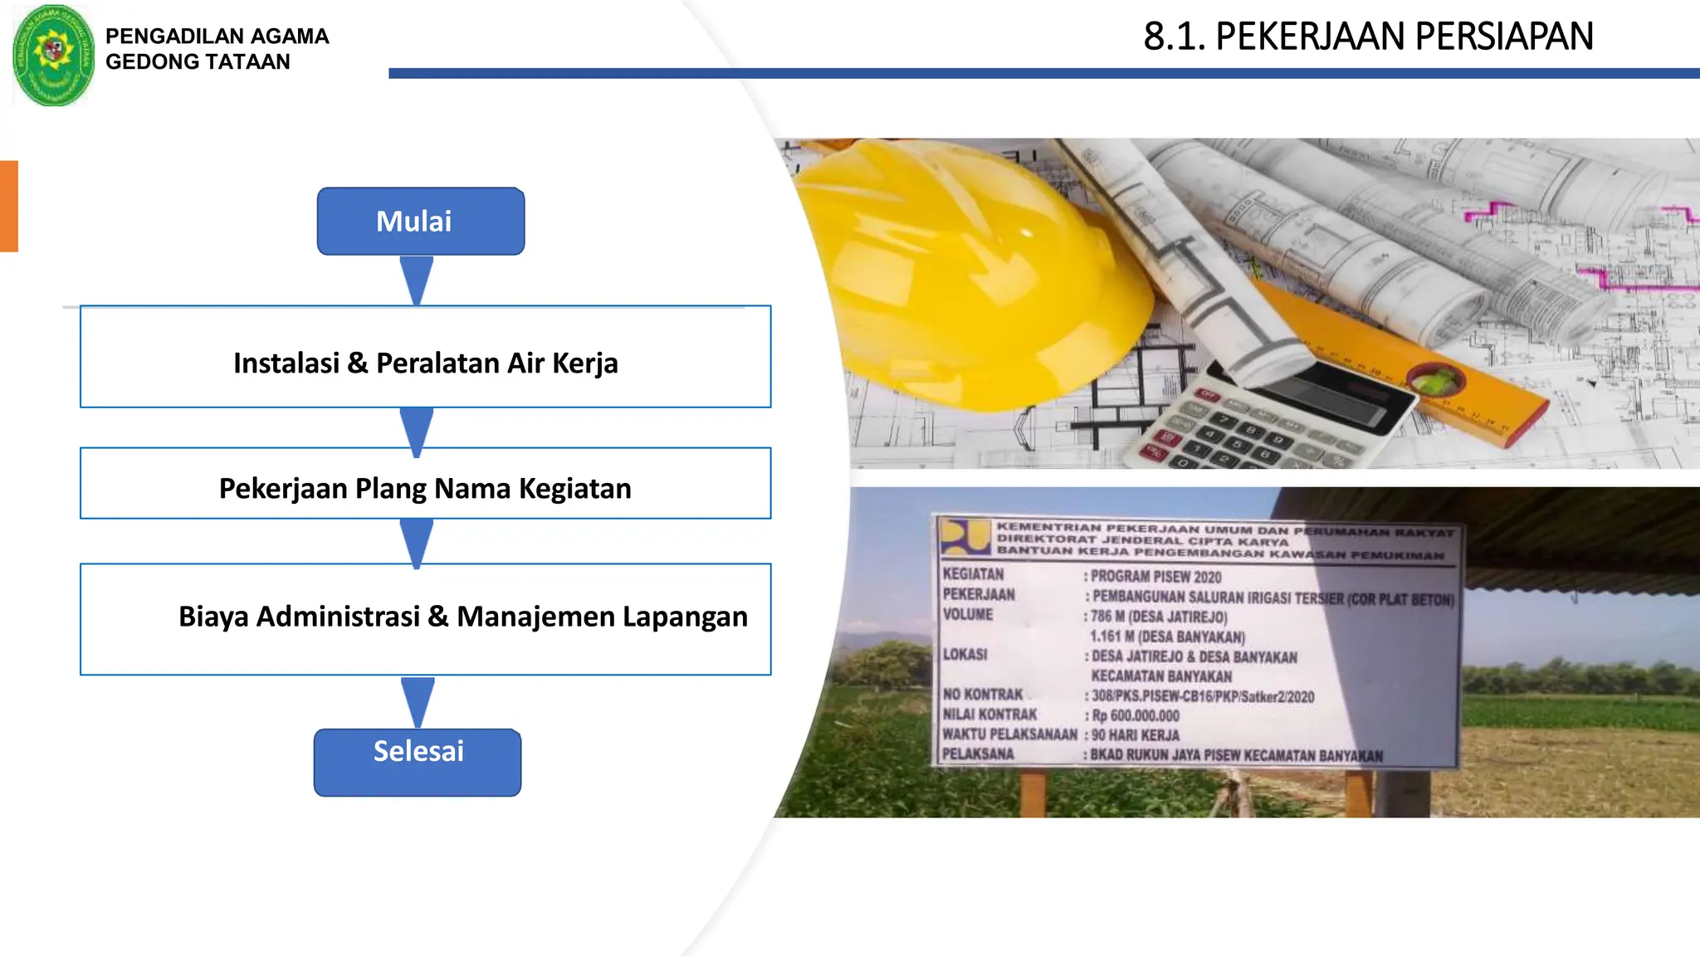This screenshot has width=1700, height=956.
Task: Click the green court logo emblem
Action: [53, 55]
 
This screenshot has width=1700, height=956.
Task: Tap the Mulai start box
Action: [420, 221]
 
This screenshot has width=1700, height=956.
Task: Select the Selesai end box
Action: [418, 761]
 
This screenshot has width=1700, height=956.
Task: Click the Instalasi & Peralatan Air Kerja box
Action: [425, 357]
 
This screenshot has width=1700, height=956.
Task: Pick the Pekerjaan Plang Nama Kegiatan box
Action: [425, 484]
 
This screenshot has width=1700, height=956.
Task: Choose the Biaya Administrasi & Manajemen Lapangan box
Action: [425, 619]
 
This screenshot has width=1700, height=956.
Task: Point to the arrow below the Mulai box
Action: [417, 280]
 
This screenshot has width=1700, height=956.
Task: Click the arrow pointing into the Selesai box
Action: [418, 702]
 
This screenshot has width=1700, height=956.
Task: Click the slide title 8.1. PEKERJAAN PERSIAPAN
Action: [1368, 37]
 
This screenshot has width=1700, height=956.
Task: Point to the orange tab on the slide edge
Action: [8, 206]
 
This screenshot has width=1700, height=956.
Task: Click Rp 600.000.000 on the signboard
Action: [1135, 715]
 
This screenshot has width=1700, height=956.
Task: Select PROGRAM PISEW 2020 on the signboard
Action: [1155, 577]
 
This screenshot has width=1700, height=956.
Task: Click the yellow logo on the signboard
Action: [965, 537]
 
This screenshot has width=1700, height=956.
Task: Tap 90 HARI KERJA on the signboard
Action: [1135, 735]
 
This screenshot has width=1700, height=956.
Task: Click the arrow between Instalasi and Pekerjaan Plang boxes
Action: [417, 429]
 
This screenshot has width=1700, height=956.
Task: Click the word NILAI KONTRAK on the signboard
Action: [989, 715]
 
